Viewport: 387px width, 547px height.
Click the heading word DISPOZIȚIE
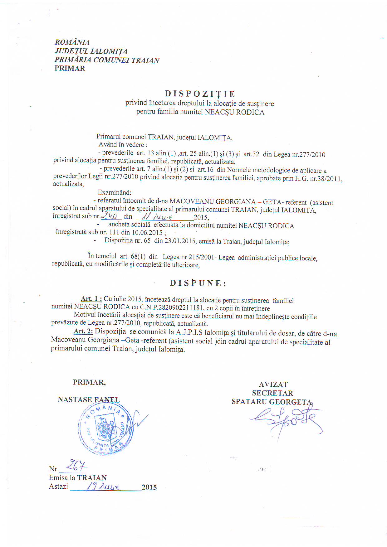point(200,94)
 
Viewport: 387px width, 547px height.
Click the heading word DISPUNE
point(198,283)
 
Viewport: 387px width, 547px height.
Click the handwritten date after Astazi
point(103,486)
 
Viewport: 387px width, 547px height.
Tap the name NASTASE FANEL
point(89,400)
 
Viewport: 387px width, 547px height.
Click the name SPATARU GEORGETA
point(272,402)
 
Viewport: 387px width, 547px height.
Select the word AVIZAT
point(273,385)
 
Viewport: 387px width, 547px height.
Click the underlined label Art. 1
point(91,299)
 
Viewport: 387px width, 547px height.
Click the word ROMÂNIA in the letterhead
point(72,42)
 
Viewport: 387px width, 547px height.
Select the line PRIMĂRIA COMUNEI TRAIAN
point(107,60)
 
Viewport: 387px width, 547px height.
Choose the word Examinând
point(115,192)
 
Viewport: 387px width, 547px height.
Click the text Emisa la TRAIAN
point(78,478)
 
